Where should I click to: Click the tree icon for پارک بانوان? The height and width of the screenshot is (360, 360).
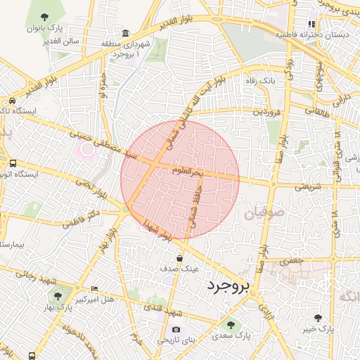[45, 16]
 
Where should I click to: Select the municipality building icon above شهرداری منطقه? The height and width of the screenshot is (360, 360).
[125, 33]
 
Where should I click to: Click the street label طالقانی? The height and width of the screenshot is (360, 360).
[316, 110]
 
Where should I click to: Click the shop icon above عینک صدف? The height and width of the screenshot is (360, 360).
[180, 257]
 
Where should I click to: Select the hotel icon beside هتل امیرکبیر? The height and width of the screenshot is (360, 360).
[95, 289]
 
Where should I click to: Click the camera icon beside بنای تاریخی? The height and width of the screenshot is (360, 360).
[175, 329]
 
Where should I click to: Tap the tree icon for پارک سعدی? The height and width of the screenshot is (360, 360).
[231, 325]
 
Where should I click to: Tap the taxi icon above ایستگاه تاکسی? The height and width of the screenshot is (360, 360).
[13, 101]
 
